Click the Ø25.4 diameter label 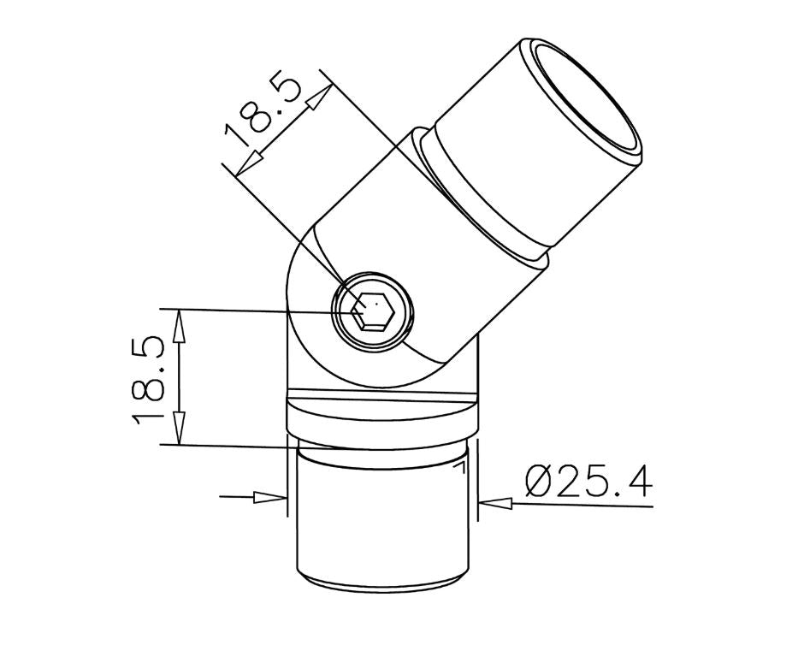pyautogui.click(x=589, y=480)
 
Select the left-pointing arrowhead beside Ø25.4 pyautogui.click(x=496, y=502)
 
